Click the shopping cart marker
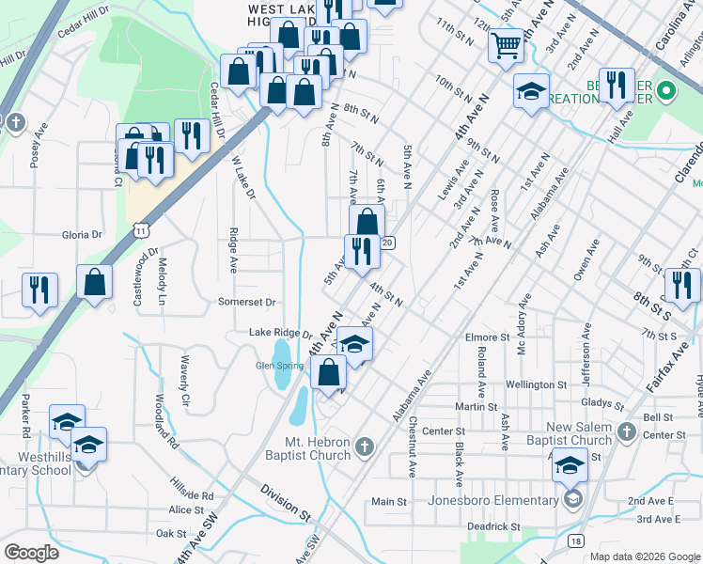(x=506, y=44)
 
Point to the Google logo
(x=31, y=553)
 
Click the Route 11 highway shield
(x=140, y=229)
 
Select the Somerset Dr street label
(x=247, y=303)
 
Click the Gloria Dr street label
(x=82, y=235)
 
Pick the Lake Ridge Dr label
(x=280, y=334)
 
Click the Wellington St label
(x=536, y=384)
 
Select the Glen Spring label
(x=278, y=367)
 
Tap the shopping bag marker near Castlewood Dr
(x=95, y=281)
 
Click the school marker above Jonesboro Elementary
(x=570, y=464)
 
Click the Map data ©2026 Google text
(x=645, y=556)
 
